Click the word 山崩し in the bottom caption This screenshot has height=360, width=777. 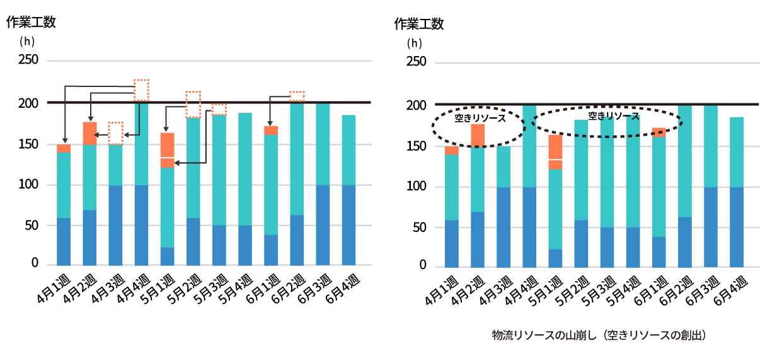tap(581, 335)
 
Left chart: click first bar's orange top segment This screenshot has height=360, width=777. tap(64, 149)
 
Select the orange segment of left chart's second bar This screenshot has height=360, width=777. tap(89, 134)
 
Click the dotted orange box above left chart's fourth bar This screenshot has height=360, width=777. tap(141, 90)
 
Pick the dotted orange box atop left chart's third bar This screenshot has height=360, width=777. tap(115, 133)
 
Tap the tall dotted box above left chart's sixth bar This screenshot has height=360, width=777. tap(193, 104)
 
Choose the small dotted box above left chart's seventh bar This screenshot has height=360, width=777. tap(219, 109)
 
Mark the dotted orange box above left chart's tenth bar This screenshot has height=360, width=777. tap(297, 96)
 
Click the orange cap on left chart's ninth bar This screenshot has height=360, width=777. tap(271, 130)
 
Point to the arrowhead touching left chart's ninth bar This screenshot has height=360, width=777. tap(270, 124)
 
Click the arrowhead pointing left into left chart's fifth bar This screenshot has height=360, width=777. tap(177, 163)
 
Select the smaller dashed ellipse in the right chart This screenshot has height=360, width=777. tap(478, 127)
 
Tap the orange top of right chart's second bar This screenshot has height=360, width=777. tap(478, 135)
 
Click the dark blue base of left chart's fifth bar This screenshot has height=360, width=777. tap(167, 256)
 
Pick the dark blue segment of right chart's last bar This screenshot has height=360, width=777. tap(737, 227)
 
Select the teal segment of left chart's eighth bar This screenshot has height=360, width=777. tap(245, 169)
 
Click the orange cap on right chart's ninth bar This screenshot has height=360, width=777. tap(659, 132)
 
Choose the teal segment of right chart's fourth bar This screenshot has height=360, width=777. tap(529, 146)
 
